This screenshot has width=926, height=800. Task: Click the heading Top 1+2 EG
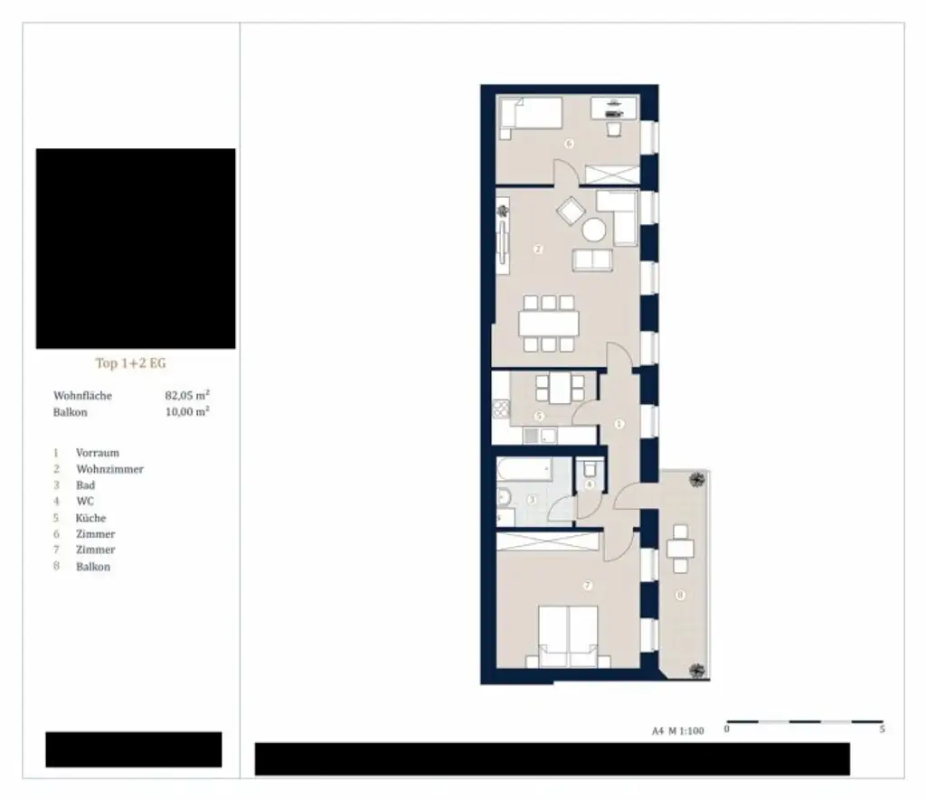click(131, 363)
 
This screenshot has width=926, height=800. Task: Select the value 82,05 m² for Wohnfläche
click(188, 395)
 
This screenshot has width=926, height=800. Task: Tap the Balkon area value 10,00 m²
click(188, 411)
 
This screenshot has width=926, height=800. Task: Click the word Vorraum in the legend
click(98, 453)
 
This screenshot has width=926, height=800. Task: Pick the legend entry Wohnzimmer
click(109, 469)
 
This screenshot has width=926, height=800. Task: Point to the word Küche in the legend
click(91, 518)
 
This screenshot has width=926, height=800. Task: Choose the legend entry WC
click(86, 502)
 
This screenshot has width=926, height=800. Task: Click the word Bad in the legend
click(86, 485)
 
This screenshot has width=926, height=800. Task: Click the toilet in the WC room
click(591, 471)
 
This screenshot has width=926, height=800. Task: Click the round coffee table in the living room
click(594, 230)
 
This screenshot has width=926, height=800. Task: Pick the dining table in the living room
click(549, 323)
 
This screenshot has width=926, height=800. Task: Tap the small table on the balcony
click(680, 548)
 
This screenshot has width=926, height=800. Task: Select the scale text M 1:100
click(685, 732)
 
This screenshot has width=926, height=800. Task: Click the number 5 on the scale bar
click(882, 729)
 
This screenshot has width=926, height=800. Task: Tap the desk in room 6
click(613, 108)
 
